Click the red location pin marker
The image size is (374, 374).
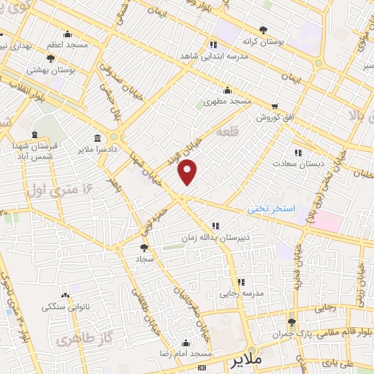188,171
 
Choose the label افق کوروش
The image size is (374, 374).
274,116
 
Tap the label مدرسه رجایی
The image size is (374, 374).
239,294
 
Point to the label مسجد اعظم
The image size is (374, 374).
68,45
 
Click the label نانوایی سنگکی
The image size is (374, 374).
66,307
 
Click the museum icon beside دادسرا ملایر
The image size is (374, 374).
97,139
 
